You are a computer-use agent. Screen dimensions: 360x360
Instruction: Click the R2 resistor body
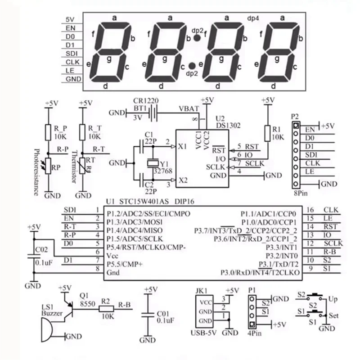pyautogui.click(x=106, y=309)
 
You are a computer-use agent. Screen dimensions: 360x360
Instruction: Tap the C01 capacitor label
pyautogui.click(x=166, y=314)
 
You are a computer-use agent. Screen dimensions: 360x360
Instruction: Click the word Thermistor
pyautogui.click(x=75, y=167)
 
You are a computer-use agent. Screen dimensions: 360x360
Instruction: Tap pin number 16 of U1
pyautogui.click(x=310, y=210)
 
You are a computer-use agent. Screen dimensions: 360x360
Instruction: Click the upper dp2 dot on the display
pyautogui.click(x=197, y=39)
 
